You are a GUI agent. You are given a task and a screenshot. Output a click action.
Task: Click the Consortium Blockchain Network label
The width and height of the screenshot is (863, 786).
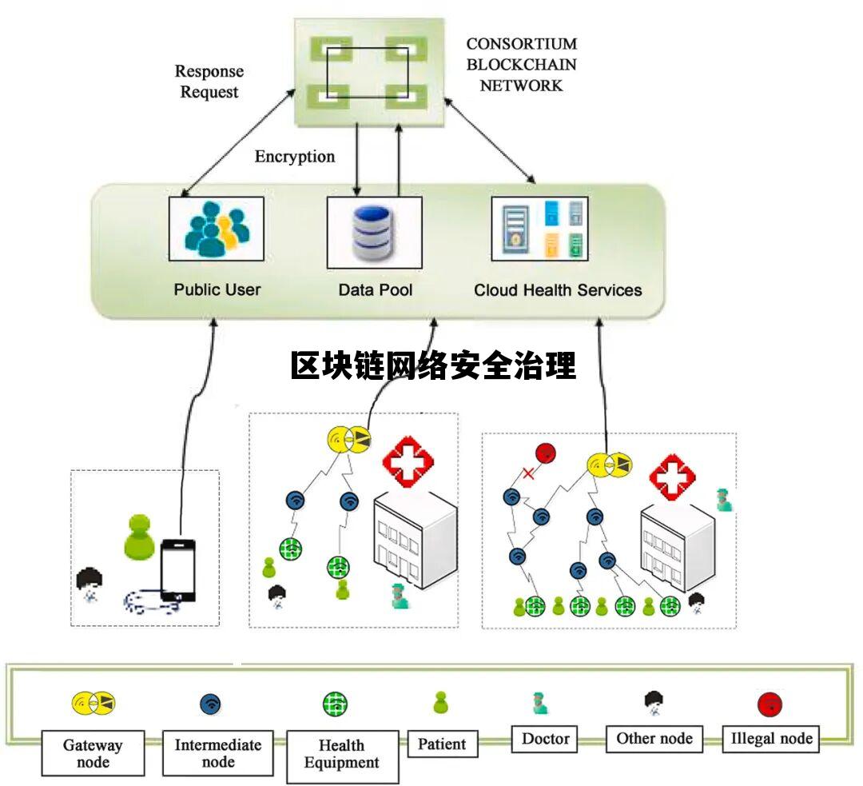click(521, 64)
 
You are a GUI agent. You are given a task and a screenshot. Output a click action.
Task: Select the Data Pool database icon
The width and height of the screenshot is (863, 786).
click(374, 232)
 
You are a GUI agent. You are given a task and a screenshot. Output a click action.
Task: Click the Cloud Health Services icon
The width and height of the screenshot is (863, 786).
click(540, 229)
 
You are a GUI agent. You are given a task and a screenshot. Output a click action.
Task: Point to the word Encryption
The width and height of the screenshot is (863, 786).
click(295, 156)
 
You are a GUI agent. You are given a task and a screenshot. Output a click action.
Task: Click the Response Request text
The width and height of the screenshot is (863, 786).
click(208, 82)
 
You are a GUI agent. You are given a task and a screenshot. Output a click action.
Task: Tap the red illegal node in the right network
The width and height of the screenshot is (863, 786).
click(546, 453)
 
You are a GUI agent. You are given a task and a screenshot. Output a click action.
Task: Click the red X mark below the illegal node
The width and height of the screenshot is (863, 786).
click(528, 473)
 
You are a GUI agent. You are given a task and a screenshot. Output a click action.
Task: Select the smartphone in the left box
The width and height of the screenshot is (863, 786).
click(177, 570)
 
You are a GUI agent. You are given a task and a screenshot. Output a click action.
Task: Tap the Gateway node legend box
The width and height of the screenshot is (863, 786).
click(93, 752)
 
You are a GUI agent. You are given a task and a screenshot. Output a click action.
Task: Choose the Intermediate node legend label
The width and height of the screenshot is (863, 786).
click(218, 752)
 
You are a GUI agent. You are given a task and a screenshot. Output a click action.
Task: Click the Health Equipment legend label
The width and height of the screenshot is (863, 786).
click(342, 754)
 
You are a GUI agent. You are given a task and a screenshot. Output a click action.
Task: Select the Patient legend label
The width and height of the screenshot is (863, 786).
click(442, 744)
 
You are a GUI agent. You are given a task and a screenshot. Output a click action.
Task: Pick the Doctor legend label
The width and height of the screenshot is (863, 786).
click(545, 738)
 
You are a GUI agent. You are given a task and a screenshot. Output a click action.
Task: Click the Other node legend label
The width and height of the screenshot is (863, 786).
click(654, 738)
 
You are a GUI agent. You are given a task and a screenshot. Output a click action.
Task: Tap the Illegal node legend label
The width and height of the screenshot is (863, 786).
click(771, 738)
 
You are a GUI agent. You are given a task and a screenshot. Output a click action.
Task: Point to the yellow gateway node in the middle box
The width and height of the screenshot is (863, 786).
click(349, 437)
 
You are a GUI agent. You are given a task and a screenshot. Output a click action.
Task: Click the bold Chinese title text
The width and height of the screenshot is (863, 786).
click(432, 366)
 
